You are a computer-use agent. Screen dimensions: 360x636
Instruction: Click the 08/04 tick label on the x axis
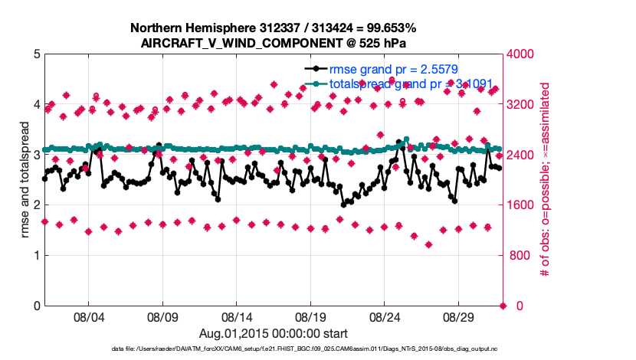pos(87,316)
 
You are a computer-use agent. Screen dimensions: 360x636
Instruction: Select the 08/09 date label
pos(162,316)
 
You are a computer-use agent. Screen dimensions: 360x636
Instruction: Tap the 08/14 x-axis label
pos(237,316)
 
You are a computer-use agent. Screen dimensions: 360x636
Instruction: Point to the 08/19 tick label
pos(311,316)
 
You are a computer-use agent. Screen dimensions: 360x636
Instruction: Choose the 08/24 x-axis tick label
pos(385,316)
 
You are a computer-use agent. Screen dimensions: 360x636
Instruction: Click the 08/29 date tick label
pos(460,316)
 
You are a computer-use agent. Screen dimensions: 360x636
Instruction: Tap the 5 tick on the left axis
pos(36,54)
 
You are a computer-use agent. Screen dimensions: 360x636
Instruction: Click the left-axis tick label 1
pos(36,255)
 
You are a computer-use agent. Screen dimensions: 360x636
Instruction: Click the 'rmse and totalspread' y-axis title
pos(25,180)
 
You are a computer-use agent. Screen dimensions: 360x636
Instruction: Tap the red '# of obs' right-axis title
pos(545,180)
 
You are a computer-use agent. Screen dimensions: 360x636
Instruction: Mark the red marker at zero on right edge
pos(503,306)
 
